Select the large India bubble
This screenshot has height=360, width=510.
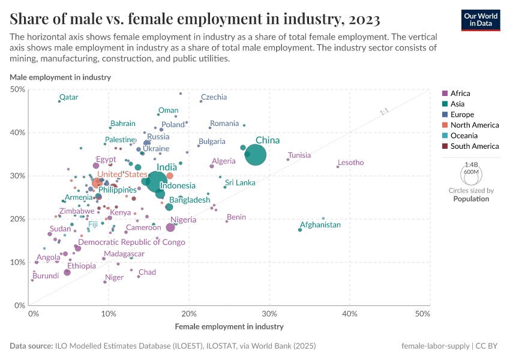point(157,181)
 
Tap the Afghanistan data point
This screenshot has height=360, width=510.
point(301,230)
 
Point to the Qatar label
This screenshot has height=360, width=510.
point(68,97)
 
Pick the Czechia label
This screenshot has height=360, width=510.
point(214,97)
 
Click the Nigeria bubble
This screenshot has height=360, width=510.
point(170,227)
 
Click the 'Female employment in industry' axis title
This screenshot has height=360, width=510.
point(229,327)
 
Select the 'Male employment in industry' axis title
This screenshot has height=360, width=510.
point(60,77)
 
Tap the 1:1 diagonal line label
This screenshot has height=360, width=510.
point(385,112)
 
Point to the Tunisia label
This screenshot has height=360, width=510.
point(299,155)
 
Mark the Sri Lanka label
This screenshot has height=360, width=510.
point(240,182)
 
